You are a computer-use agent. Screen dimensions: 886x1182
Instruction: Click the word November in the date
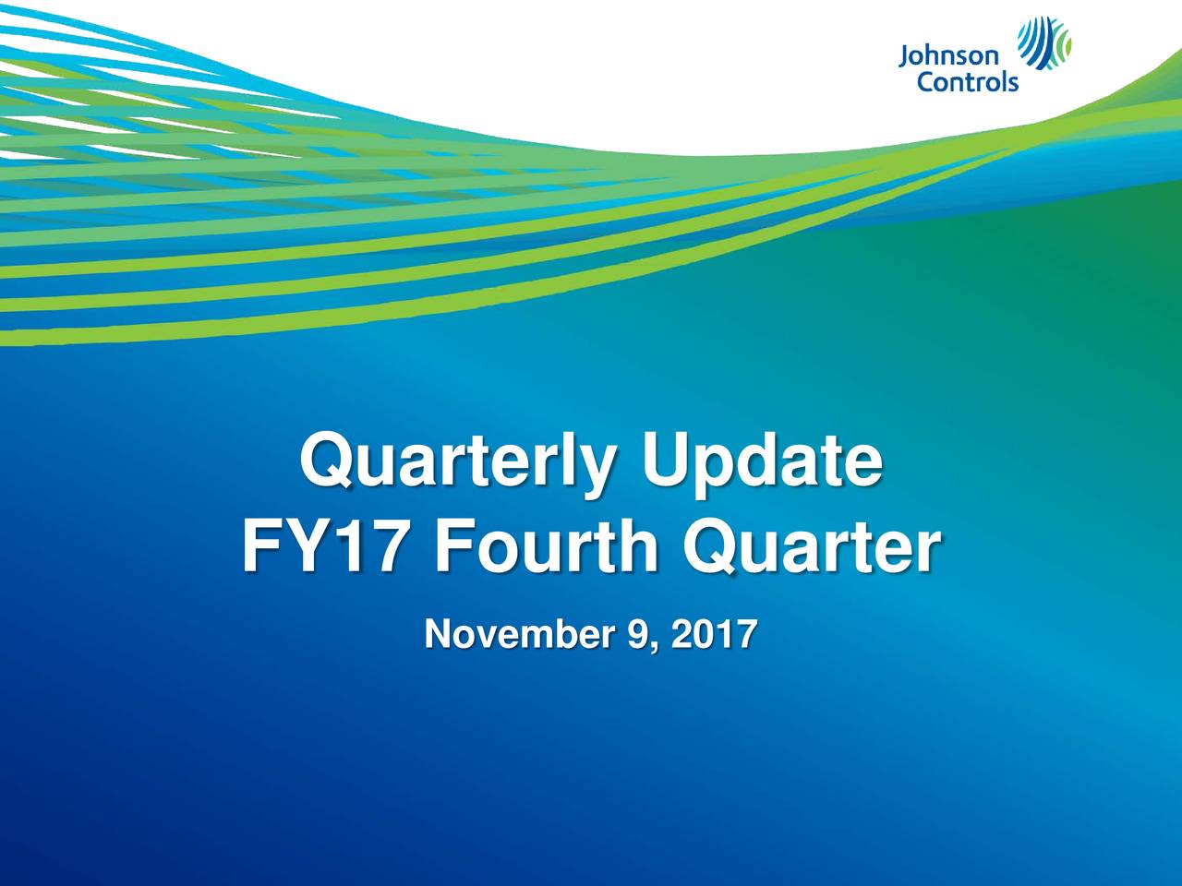(x=520, y=635)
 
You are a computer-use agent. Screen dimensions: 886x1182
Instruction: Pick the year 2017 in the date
(x=715, y=635)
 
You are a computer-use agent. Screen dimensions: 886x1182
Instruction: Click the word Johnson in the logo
(x=947, y=58)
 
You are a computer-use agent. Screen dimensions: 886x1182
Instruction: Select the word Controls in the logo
(x=967, y=82)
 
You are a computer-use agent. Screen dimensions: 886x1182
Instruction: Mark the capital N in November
(x=436, y=635)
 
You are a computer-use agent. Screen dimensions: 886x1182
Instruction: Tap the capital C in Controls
(x=924, y=82)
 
